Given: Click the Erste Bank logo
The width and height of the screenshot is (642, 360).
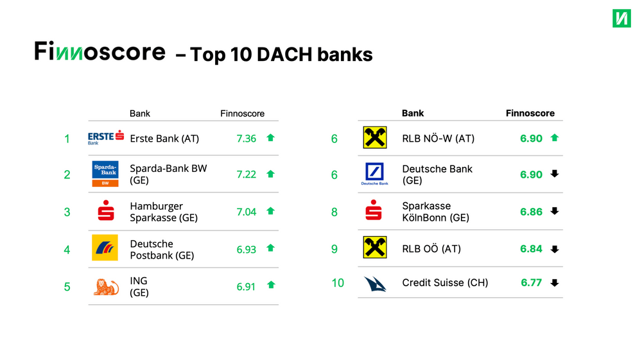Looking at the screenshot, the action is (x=106, y=137).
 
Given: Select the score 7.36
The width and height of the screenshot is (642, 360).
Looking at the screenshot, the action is (x=246, y=139).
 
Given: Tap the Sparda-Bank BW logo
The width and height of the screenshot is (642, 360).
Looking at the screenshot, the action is (x=105, y=174).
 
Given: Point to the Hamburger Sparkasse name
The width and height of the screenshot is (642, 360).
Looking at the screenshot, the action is (x=164, y=212).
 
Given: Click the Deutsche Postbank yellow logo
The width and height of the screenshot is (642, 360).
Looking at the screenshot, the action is (x=105, y=248).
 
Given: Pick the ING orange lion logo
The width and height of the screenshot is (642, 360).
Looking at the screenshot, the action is (x=106, y=287).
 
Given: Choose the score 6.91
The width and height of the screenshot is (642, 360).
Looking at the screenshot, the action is (x=246, y=287).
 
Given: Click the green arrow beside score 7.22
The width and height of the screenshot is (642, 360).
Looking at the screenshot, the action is (x=270, y=174).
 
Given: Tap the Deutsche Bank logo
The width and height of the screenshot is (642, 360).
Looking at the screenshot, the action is (x=375, y=174).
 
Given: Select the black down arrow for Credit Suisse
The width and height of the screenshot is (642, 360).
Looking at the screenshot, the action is (x=555, y=283).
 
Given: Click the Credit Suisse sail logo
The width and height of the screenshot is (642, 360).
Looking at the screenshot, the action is (x=375, y=284).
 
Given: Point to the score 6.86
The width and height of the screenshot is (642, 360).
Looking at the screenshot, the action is (x=531, y=212).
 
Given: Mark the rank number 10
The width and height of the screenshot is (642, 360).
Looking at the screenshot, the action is (x=338, y=283).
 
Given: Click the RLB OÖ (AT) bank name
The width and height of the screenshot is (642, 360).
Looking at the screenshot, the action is (x=431, y=249).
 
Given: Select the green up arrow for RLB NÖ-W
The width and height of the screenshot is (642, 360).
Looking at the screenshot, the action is (x=555, y=138).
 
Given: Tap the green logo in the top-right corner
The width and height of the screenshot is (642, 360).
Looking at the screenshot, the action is (x=621, y=19).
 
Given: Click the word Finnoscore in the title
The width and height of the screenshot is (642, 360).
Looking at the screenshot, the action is (x=100, y=51).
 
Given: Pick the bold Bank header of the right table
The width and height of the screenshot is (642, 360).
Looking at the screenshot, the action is (x=413, y=114).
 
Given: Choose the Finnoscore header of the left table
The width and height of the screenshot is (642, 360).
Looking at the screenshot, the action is (x=243, y=114).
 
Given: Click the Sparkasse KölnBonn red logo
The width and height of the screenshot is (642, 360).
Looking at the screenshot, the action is (x=374, y=210).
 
